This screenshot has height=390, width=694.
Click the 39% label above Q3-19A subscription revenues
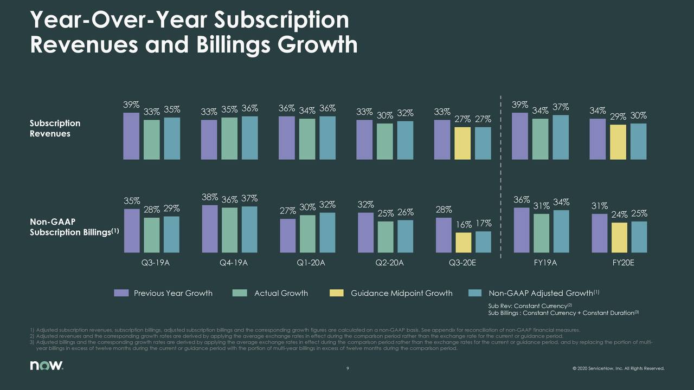pyautogui.click(x=132, y=105)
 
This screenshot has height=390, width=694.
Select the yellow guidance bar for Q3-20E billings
pyautogui.click(x=463, y=243)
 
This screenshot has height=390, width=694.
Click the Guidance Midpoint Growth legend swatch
pyautogui.click(x=336, y=293)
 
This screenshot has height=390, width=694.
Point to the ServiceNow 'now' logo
pyautogui.click(x=46, y=367)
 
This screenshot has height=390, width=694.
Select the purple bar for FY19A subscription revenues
pyautogui.click(x=520, y=136)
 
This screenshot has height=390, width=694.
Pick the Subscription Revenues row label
pyautogui.click(x=55, y=128)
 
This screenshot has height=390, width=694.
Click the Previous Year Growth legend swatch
pyautogui.click(x=121, y=293)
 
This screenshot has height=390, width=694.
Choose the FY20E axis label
pyautogui.click(x=619, y=264)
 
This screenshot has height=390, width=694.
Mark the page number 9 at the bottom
pyautogui.click(x=348, y=369)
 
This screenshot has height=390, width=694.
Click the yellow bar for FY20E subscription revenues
pyautogui.click(x=619, y=142)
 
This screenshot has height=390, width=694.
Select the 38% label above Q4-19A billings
pyautogui.click(x=210, y=198)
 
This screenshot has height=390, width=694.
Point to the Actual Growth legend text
pyautogui.click(x=281, y=293)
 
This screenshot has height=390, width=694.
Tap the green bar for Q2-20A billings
pyautogui.click(x=385, y=237)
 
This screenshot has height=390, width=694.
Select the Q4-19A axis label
pyautogui.click(x=234, y=264)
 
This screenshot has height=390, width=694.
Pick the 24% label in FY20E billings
pyautogui.click(x=619, y=215)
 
